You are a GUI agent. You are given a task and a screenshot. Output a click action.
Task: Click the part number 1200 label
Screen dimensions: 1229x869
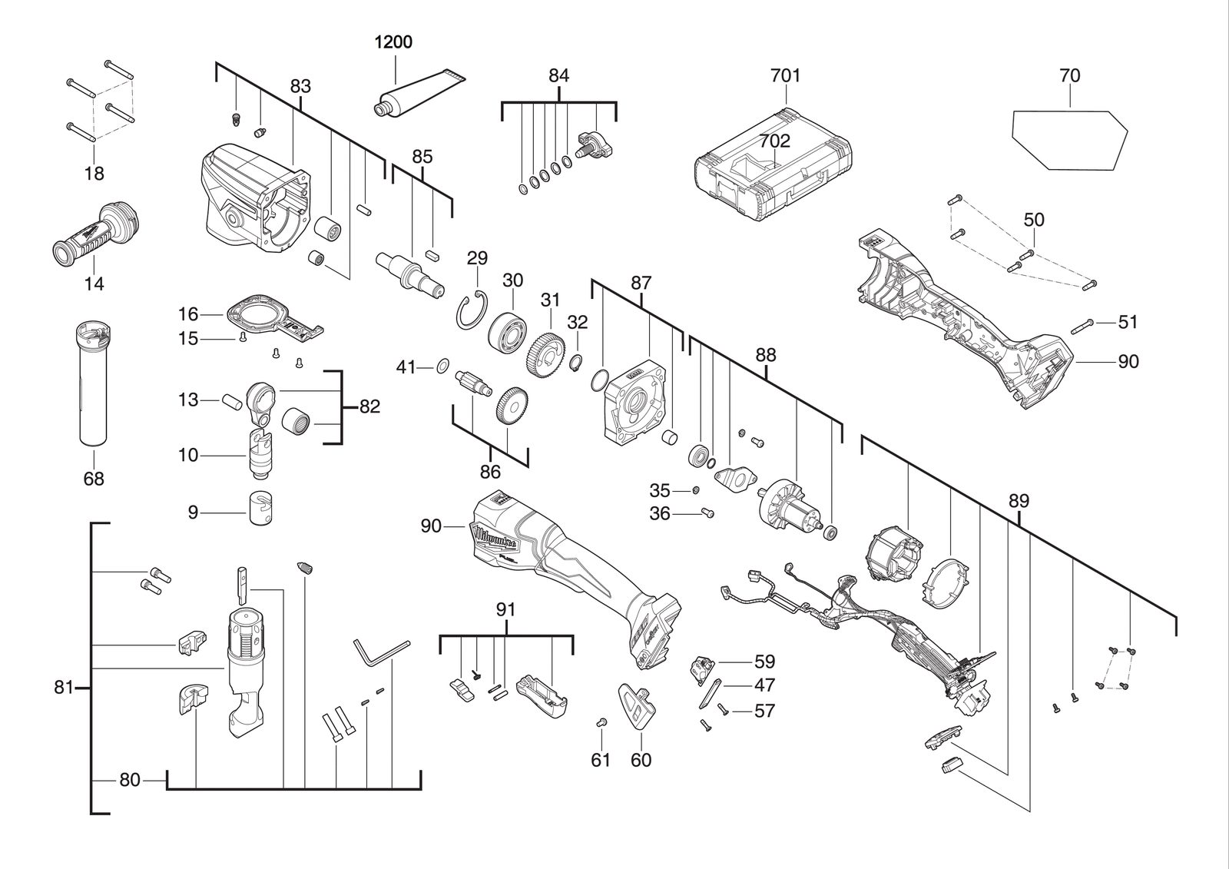click(x=393, y=41)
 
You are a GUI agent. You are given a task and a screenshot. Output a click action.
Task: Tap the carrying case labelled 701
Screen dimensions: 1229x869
click(x=774, y=164)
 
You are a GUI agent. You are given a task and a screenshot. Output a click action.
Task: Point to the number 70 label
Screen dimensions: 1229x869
click(x=1069, y=75)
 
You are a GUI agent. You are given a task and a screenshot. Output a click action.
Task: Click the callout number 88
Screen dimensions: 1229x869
click(x=765, y=355)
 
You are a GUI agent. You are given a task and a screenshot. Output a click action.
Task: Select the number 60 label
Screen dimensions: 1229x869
click(x=641, y=760)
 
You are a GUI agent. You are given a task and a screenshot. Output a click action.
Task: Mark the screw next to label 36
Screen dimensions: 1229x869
click(x=707, y=512)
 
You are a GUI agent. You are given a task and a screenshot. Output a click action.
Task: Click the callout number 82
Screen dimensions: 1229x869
click(x=369, y=406)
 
